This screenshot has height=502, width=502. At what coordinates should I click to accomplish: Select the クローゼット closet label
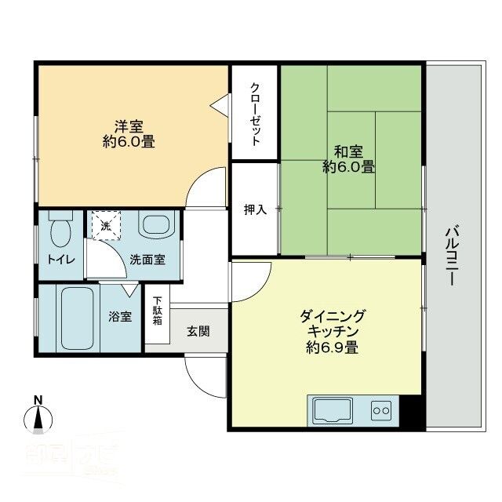coord(255,114)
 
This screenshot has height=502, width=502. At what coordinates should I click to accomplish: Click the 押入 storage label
coord(255,209)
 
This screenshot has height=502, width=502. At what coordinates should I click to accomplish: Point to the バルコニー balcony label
coord(453,255)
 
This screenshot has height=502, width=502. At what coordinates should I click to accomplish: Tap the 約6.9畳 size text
coord(333,347)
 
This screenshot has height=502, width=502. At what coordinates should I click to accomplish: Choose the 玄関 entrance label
coord(198,331)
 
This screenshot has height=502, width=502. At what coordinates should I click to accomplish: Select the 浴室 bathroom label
coord(120,317)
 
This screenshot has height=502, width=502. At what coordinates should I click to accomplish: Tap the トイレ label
coord(60,260)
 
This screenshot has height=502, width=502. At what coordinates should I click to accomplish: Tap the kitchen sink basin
coord(333,409)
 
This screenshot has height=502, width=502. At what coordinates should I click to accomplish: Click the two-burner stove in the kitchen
coord(381,410)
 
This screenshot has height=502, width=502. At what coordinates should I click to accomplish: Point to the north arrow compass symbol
coord(37,417)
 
